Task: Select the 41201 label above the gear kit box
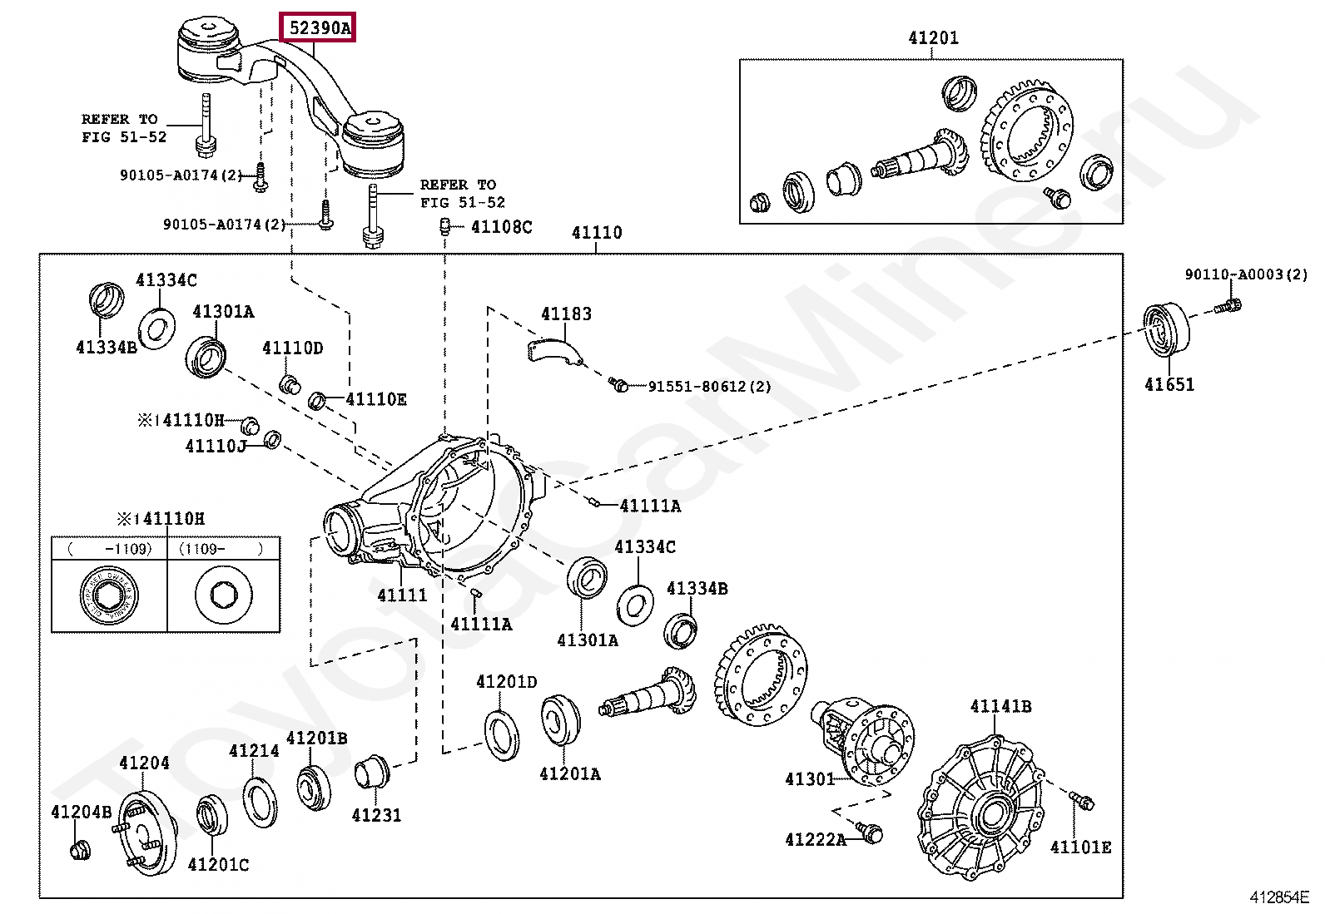(x=933, y=37)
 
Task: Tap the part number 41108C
(x=502, y=227)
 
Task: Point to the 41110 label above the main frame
(x=596, y=232)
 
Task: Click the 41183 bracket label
(x=566, y=314)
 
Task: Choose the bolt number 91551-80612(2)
(x=710, y=387)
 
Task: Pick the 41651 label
(x=1169, y=385)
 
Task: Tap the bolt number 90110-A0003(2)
(x=1246, y=274)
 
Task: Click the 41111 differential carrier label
(x=402, y=595)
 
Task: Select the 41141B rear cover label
(x=1000, y=706)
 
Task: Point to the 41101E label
(x=1080, y=847)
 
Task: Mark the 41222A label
(x=816, y=839)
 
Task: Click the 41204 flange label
(x=144, y=763)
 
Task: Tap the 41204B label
(x=81, y=813)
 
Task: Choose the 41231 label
(x=376, y=815)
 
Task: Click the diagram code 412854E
(x=1280, y=897)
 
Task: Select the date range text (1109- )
(x=221, y=549)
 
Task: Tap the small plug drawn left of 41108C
(x=445, y=226)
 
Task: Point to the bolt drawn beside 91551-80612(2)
(x=618, y=385)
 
